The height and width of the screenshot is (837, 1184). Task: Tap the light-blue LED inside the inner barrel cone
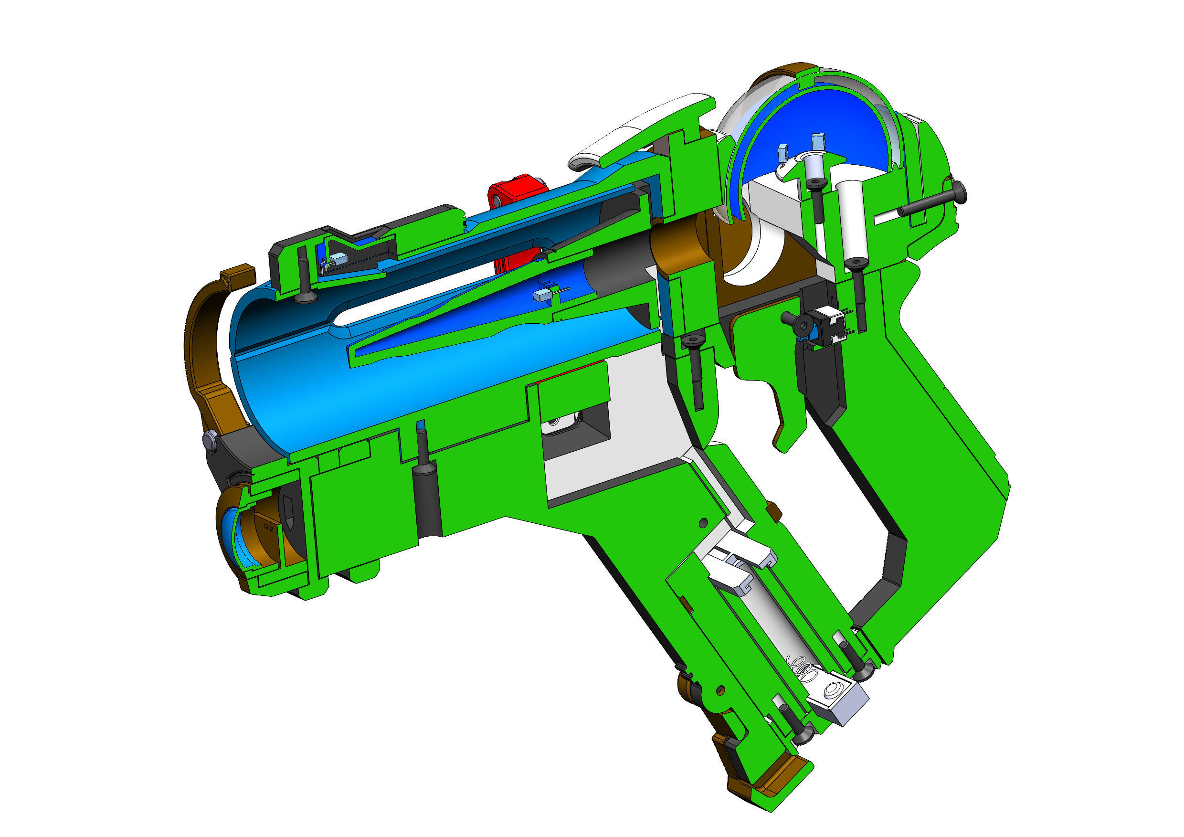[x=541, y=296]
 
